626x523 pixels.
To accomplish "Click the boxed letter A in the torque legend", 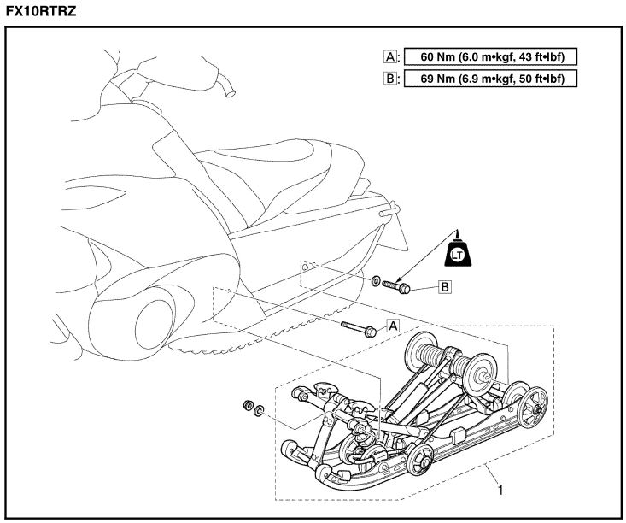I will pyautogui.click(x=389, y=57).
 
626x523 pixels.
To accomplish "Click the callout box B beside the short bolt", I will pyautogui.click(x=444, y=287).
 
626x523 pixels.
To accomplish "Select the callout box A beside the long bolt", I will pyautogui.click(x=393, y=325).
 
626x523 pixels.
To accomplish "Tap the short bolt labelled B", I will pyautogui.click(x=399, y=285).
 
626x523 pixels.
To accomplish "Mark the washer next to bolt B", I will pyautogui.click(x=376, y=279).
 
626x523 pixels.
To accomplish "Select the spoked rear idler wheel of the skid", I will pyautogui.click(x=535, y=403).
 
